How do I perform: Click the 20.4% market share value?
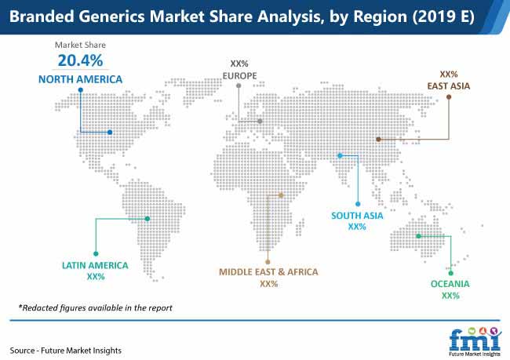pos(80,60)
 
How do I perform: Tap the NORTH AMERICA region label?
pos(80,79)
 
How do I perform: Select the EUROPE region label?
pos(240,76)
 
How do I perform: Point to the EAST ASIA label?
pos(449,86)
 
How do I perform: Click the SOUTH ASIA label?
pos(357,216)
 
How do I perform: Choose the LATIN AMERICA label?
pos(95,266)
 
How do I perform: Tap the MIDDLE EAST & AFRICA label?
pos(268,272)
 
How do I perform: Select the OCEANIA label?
pos(450,284)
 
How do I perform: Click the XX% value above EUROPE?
pos(239,64)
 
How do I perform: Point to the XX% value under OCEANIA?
pos(450,296)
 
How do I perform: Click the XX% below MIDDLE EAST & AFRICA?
pos(269,284)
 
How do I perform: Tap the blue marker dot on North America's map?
pos(110,133)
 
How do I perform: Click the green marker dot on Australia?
pos(419,236)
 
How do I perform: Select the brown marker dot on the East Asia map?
pos(378,139)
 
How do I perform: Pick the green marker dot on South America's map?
pos(148,219)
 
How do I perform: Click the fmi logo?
pos(475,342)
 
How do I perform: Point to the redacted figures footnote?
pos(95,307)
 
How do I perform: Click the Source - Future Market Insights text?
pos(65,351)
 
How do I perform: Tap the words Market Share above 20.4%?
pos(80,45)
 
